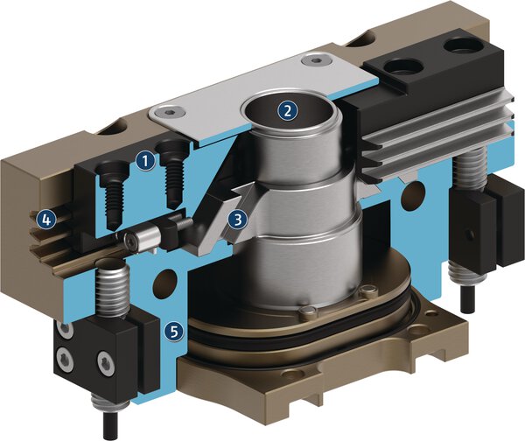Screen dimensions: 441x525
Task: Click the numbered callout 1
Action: (145, 159)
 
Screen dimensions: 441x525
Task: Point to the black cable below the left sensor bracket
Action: (108, 422)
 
